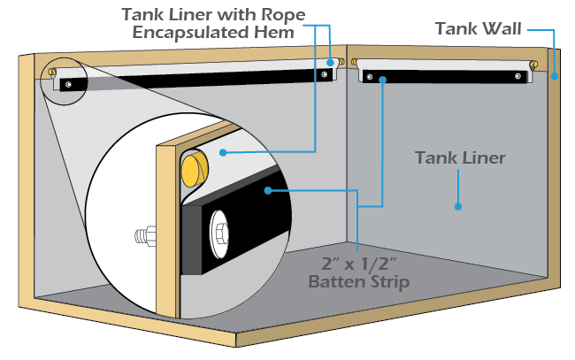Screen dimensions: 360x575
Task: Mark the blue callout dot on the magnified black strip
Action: (265, 188)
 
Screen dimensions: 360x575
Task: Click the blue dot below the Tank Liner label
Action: (458, 206)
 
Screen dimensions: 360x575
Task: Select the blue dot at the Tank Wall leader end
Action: (555, 76)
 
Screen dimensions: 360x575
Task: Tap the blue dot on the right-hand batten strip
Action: (382, 80)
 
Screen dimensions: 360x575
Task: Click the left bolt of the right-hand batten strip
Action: (365, 77)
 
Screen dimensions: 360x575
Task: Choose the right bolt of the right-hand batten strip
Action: (518, 78)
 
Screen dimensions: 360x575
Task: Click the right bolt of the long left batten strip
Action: (326, 75)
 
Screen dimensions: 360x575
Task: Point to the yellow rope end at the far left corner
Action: (53, 72)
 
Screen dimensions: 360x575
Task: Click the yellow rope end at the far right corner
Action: (536, 64)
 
